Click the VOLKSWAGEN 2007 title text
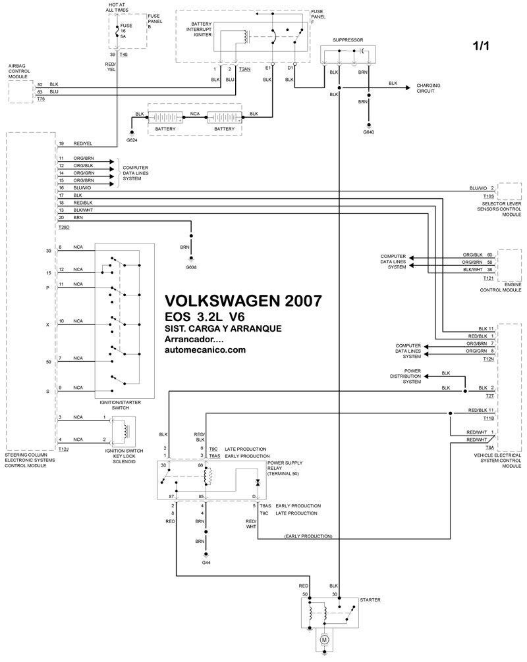tap(242, 301)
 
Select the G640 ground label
tap(368, 132)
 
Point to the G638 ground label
tap(191, 268)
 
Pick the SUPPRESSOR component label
tap(348, 39)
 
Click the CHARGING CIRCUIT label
tap(428, 89)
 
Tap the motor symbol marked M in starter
tap(324, 638)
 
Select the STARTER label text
tap(370, 600)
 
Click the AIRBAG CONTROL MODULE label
tap(21, 71)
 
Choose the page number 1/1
tap(480, 47)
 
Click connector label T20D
tap(63, 226)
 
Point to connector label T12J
tap(63, 448)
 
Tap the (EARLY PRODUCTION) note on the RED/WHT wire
tap(308, 536)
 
